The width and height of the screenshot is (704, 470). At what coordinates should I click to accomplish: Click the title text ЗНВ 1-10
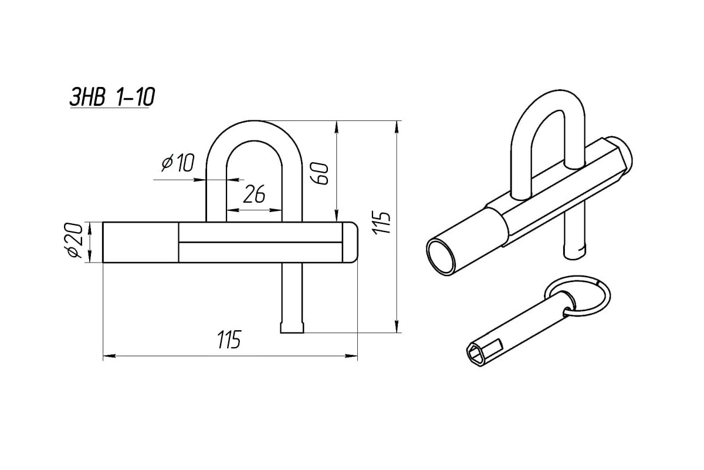(x=112, y=97)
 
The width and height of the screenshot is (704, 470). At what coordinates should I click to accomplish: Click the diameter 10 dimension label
(x=177, y=163)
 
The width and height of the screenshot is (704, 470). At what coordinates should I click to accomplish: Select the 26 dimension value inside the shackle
(x=253, y=194)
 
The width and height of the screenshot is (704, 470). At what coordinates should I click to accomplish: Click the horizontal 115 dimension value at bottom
(x=229, y=340)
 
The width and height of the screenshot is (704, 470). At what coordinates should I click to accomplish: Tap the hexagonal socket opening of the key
(x=476, y=354)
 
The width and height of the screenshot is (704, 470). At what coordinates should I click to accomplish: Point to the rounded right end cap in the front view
(x=350, y=242)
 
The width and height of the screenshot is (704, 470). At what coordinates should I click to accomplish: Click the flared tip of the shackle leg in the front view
(x=292, y=327)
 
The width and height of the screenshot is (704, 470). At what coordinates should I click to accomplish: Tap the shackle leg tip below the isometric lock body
(x=575, y=250)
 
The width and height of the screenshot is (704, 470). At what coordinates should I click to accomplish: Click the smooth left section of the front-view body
(x=141, y=242)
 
